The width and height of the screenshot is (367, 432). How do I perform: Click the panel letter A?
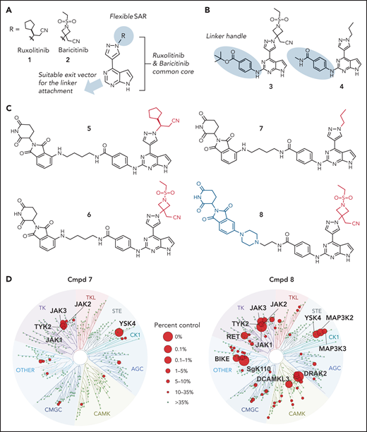coord(7,6)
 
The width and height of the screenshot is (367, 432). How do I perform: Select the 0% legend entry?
coord(187,321)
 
